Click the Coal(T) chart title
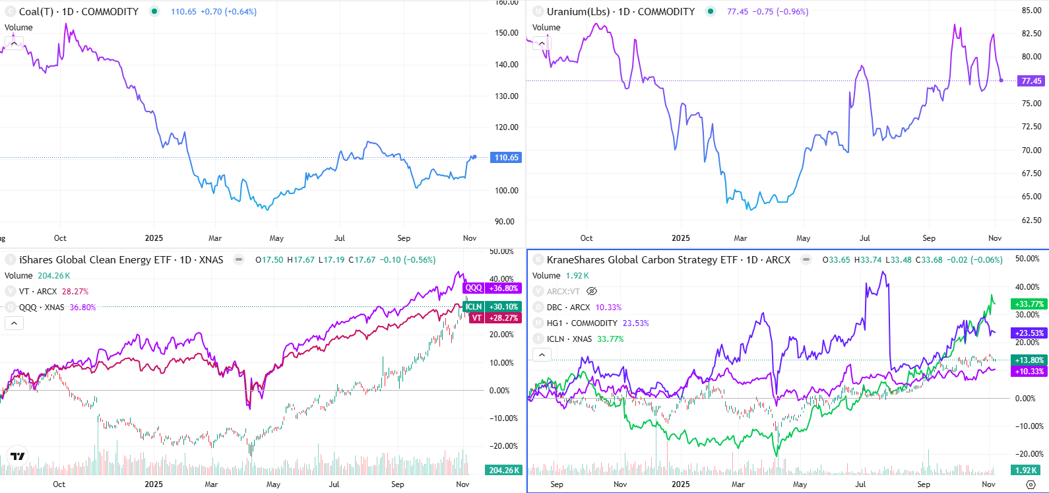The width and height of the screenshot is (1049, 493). [x=79, y=12]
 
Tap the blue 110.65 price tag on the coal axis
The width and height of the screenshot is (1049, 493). [x=506, y=158]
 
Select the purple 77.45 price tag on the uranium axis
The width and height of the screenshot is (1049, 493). [x=1031, y=81]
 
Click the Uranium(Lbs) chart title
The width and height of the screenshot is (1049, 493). [x=620, y=12]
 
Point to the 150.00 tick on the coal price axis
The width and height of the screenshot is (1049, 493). [x=506, y=33]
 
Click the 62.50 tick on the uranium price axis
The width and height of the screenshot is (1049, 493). [x=1031, y=220]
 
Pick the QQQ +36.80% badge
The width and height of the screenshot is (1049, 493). [x=492, y=288]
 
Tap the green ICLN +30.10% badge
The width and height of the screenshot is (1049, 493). [x=492, y=307]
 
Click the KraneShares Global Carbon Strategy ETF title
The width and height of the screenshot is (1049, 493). [x=668, y=260]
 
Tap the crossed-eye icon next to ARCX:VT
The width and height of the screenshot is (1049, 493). [x=592, y=291]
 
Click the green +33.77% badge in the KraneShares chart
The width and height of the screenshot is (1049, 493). [x=1029, y=304]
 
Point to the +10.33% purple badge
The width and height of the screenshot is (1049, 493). [x=1029, y=372]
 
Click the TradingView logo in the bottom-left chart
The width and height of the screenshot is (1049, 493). [x=18, y=456]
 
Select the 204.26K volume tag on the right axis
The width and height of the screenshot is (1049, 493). [x=504, y=471]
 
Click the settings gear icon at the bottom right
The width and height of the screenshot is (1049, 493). [x=1031, y=484]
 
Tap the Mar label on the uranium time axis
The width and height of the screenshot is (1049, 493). [x=740, y=238]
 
